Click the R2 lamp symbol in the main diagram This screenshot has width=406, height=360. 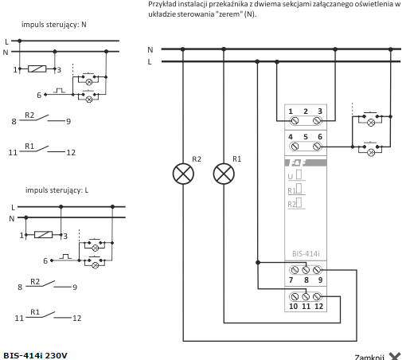(x=183, y=174)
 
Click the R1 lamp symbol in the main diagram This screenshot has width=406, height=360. (x=224, y=174)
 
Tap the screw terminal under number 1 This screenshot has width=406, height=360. (x=295, y=121)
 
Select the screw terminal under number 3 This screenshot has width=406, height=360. (x=317, y=121)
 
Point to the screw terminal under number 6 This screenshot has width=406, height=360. (x=317, y=147)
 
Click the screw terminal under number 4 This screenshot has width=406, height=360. (x=295, y=147)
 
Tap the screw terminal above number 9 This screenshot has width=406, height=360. (x=317, y=270)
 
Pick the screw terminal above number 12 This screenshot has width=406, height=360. (x=317, y=296)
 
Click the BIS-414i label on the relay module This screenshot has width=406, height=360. (x=306, y=254)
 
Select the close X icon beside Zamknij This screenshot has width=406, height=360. (x=395, y=356)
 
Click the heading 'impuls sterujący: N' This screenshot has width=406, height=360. (x=54, y=25)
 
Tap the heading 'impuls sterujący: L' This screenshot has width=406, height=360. (x=57, y=190)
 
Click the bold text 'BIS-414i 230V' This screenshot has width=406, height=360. (x=35, y=355)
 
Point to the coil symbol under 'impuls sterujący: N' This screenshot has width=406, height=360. (x=37, y=69)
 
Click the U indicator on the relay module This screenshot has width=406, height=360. (x=295, y=175)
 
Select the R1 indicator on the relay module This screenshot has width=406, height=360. (x=295, y=190)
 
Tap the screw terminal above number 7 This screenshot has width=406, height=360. (x=295, y=270)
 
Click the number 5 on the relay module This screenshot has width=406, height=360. (x=306, y=137)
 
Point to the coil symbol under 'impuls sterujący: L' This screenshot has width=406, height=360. (x=43, y=235)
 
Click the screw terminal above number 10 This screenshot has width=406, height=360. (x=295, y=296)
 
